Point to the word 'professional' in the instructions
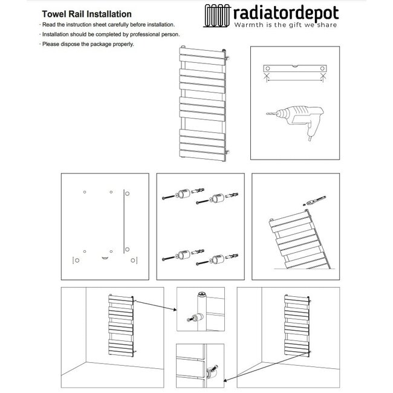138,34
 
